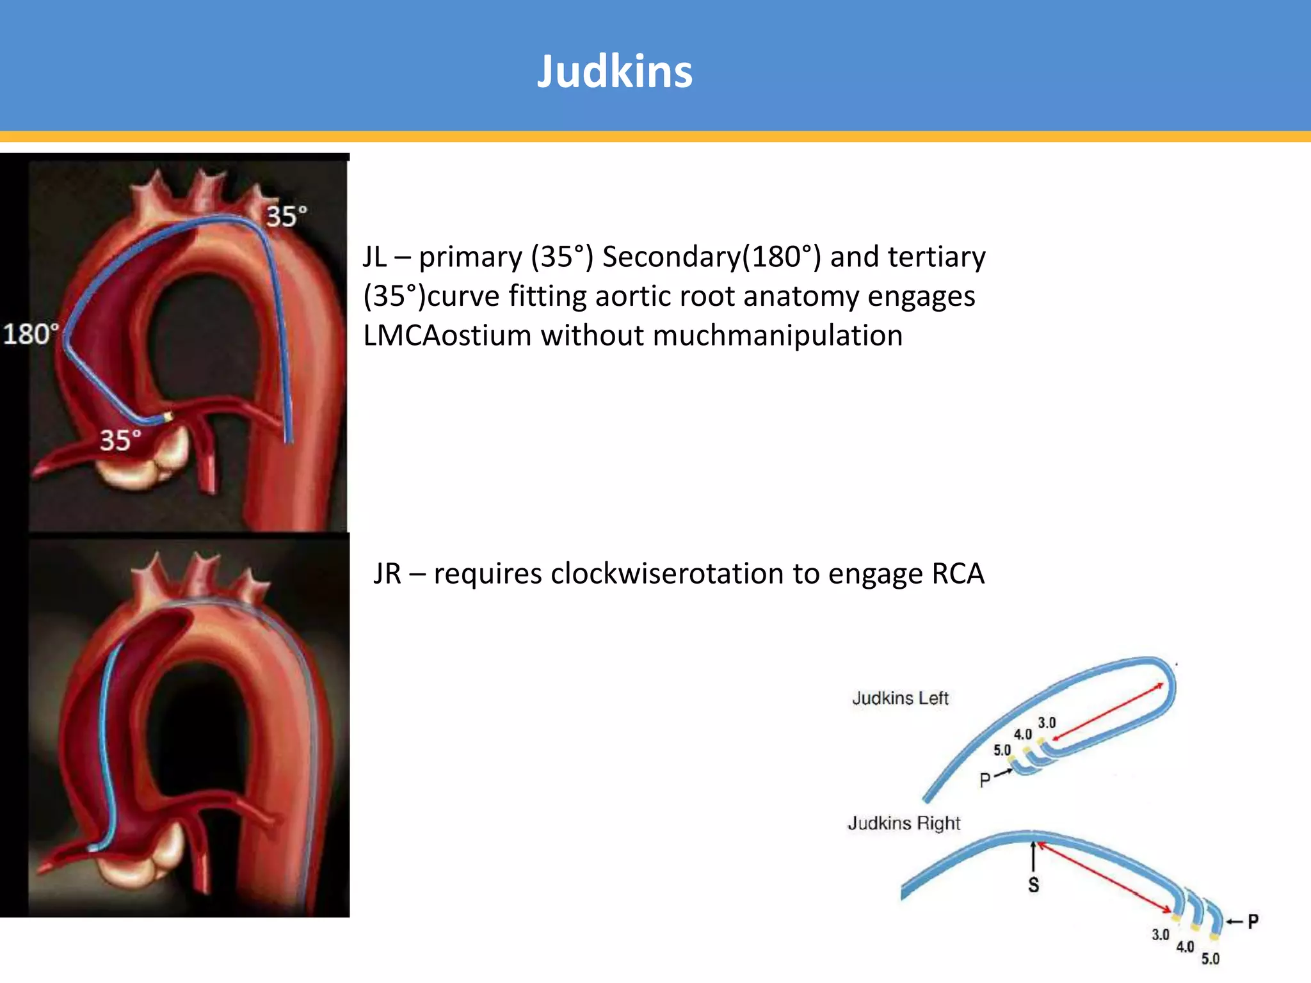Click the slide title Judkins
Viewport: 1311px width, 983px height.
[x=615, y=71]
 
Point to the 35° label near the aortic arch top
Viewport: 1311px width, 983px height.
[x=286, y=216]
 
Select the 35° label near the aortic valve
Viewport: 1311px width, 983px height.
[x=120, y=440]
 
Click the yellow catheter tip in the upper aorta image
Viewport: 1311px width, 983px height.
[x=168, y=417]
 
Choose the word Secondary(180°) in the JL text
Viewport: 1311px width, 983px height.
[x=711, y=257]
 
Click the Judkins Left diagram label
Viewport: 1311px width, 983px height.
[x=900, y=698]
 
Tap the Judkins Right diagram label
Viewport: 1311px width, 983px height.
[x=904, y=823]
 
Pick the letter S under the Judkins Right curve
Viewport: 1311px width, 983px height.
[x=1033, y=885]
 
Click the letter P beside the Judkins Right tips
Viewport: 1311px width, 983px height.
[x=1253, y=922]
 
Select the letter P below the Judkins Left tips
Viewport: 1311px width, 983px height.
[x=985, y=779]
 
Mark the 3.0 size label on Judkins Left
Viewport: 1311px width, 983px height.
[x=1047, y=723]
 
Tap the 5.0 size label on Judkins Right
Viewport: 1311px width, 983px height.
[x=1210, y=959]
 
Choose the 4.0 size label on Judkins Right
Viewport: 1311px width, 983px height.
[x=1185, y=947]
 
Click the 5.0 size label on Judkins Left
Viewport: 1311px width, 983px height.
[x=1002, y=750]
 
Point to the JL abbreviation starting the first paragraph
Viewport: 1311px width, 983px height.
[x=375, y=257]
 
